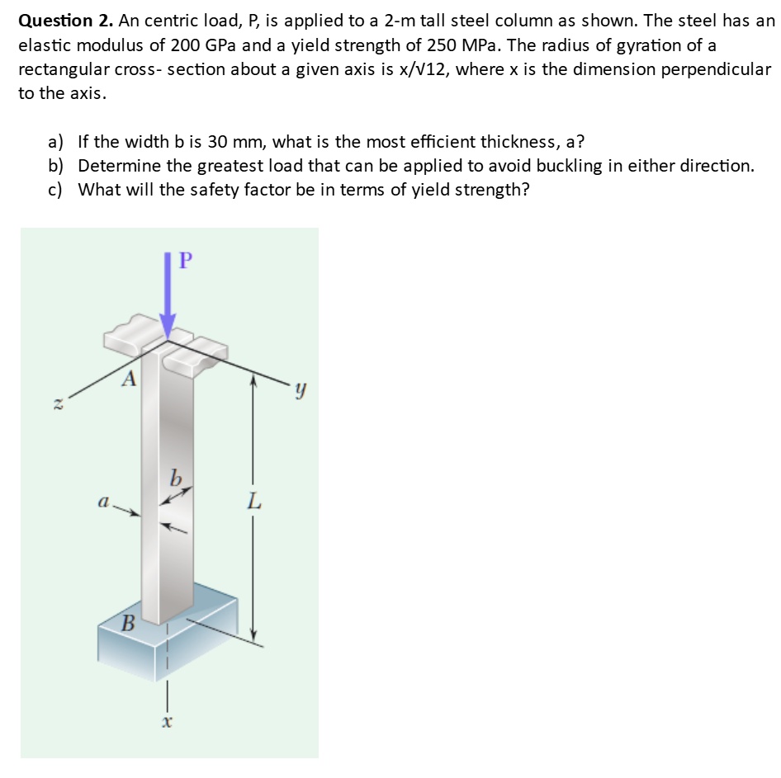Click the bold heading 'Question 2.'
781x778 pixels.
pos(62,20)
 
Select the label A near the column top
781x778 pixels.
pos(128,379)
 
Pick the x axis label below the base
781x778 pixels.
pos(167,722)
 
